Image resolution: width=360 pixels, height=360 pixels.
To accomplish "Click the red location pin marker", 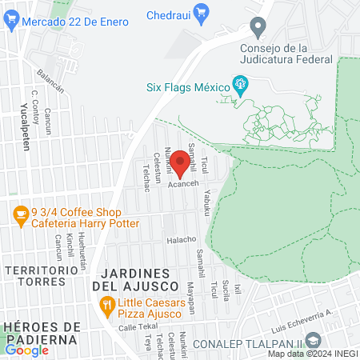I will [181, 162].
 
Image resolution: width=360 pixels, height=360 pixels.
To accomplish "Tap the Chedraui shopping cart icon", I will [200, 14].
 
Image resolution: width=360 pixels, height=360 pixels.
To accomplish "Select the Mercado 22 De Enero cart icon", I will [10, 22].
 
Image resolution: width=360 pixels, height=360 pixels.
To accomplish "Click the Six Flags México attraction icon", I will [238, 83].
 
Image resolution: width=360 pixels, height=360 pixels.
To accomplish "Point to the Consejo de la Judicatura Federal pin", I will [258, 30].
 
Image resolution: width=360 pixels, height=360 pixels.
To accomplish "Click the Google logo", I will [26, 350].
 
